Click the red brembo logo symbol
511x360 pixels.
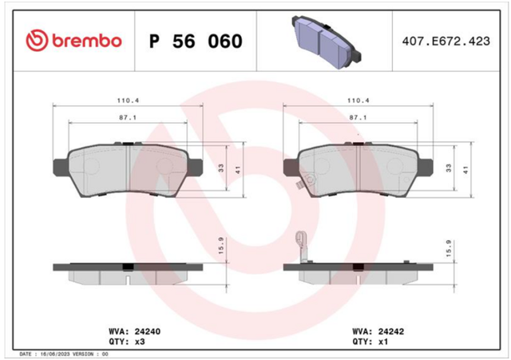(37, 41)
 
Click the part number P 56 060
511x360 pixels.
(196, 42)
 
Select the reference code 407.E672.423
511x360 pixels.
(446, 42)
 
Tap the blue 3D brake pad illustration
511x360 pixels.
(327, 42)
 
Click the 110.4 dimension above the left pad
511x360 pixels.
(128, 101)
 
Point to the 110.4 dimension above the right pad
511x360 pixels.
(358, 101)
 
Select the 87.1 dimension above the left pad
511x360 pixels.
(128, 117)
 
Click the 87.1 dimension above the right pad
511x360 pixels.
(358, 117)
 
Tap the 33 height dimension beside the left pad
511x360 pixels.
(221, 168)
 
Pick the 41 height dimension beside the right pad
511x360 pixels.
(465, 170)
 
